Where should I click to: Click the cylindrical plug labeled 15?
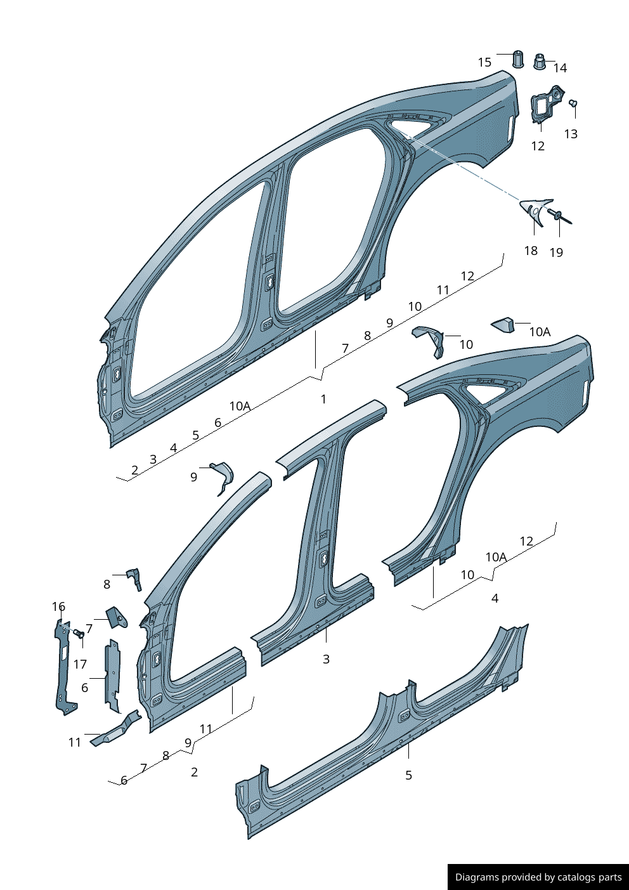[518, 60]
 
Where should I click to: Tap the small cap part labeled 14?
[540, 62]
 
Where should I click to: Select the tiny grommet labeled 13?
[573, 103]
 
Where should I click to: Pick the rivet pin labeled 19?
[560, 217]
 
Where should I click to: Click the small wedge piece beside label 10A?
[504, 325]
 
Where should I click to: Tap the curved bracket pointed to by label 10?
[431, 341]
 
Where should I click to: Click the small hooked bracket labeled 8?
[135, 577]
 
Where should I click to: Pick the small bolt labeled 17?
[79, 634]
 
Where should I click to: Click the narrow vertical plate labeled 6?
[112, 676]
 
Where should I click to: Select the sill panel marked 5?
[380, 736]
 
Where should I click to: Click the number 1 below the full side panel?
[323, 399]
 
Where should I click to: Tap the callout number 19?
[556, 252]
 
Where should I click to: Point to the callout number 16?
[58, 606]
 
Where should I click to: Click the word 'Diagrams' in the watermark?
[477, 877]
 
